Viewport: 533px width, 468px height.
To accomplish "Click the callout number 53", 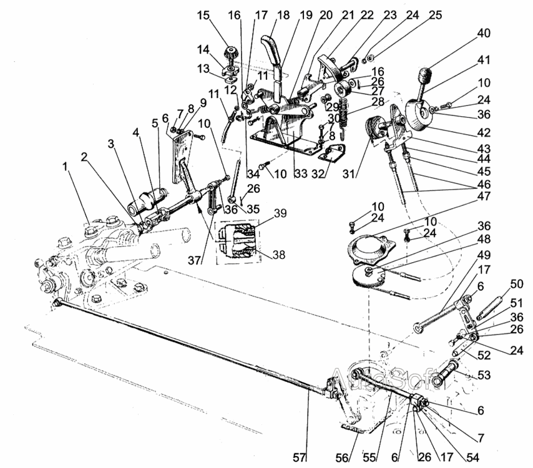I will tap(484, 375).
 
